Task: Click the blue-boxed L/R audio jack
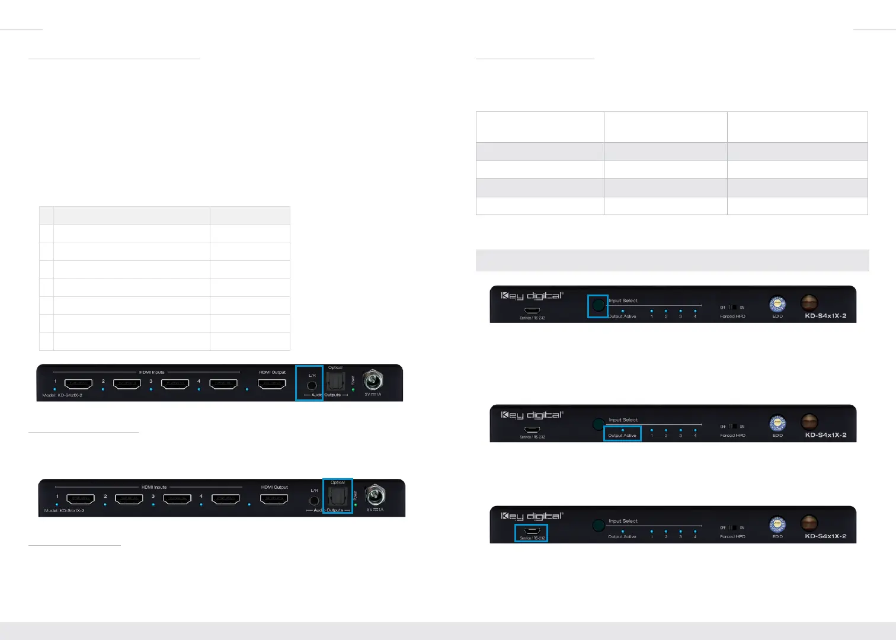coord(312,385)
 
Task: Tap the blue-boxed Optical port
coord(338,497)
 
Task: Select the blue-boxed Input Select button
coord(599,305)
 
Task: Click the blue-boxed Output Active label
coord(622,435)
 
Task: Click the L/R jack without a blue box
coord(314,501)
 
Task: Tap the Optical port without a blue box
coord(335,382)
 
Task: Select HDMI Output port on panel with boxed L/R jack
coord(272,383)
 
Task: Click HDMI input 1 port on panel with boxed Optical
coord(81,499)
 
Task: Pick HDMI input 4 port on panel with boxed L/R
coord(223,384)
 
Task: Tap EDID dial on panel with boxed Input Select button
coord(777,305)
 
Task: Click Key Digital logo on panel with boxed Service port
coord(532,516)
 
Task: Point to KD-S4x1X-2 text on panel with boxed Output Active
coord(825,435)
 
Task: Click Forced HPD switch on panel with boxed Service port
coord(732,527)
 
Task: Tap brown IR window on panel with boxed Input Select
coord(809,303)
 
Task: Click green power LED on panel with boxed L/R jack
coord(353,390)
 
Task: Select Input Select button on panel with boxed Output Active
coord(599,424)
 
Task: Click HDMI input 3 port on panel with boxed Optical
coord(177,499)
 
